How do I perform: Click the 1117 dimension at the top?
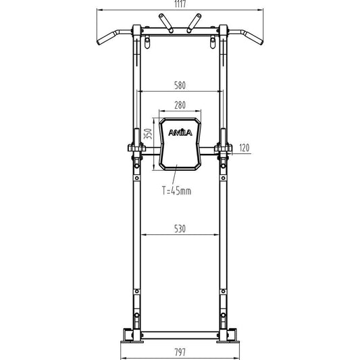click(x=180, y=4)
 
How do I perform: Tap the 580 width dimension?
click(x=180, y=85)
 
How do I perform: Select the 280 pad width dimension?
click(x=180, y=105)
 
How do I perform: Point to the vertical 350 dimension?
click(x=148, y=134)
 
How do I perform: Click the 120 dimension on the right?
click(x=245, y=148)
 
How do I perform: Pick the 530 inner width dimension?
click(x=180, y=229)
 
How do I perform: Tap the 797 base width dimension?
click(x=180, y=352)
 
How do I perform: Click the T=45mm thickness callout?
click(x=176, y=190)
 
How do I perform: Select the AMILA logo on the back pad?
click(x=180, y=132)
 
